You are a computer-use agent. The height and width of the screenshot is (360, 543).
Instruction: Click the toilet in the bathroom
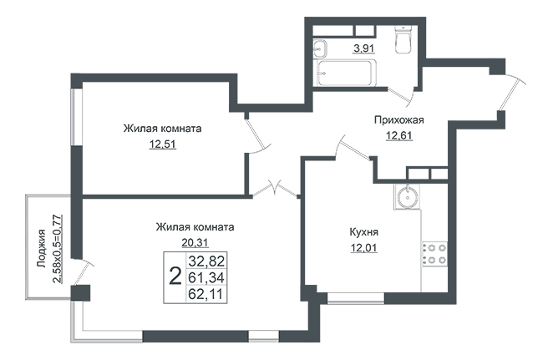click(403, 40)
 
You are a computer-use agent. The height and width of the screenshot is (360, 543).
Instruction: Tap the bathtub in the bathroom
click(345, 73)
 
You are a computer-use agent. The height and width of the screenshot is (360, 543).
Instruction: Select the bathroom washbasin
click(320, 48)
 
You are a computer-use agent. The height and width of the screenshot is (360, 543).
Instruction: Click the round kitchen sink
click(407, 196)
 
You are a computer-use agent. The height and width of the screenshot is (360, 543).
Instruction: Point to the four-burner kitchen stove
click(434, 254)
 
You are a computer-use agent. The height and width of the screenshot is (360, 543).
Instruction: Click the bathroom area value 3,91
click(363, 48)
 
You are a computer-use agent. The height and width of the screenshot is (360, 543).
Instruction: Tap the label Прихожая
click(399, 120)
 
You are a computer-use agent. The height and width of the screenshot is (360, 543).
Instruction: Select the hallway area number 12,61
click(399, 135)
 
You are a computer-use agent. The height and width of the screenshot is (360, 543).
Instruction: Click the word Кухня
click(364, 232)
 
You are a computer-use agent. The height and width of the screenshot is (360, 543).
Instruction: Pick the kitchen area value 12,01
click(364, 248)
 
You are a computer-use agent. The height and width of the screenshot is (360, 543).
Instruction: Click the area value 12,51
click(163, 144)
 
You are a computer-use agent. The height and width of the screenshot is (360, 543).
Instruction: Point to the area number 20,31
click(195, 242)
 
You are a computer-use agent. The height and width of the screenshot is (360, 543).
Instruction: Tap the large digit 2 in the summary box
click(175, 277)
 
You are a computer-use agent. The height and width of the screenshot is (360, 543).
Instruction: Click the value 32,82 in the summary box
click(206, 261)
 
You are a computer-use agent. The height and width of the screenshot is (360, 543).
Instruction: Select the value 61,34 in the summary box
click(206, 277)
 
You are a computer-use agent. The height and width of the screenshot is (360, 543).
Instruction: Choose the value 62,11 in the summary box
click(206, 294)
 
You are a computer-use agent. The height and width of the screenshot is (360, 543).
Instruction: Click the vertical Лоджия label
click(42, 249)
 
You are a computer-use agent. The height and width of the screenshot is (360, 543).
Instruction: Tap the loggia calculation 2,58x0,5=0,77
click(58, 249)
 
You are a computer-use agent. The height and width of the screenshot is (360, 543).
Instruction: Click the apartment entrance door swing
click(513, 92)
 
